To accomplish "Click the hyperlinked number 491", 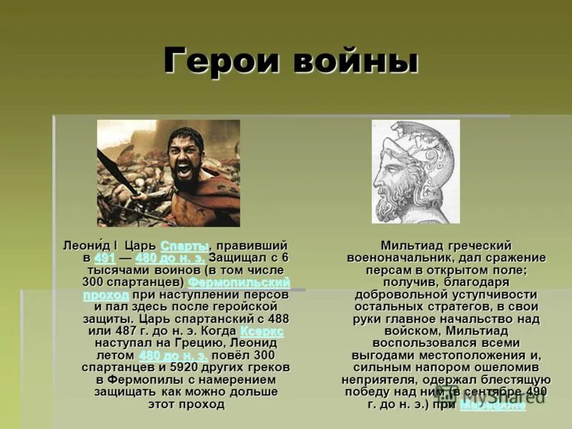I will (104, 258).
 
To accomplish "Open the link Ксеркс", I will (262, 331).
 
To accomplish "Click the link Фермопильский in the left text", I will (239, 282).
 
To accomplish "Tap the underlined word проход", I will (106, 295).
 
